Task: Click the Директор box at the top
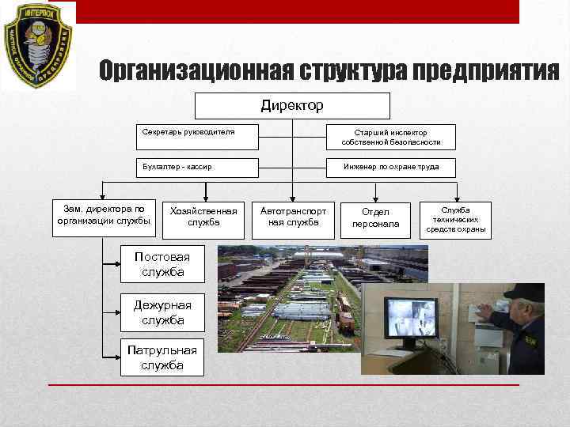(x=292, y=105)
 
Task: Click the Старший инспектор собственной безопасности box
(x=390, y=137)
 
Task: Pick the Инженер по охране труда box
(x=390, y=168)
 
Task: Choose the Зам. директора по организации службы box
(x=104, y=215)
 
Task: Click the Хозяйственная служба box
(x=203, y=217)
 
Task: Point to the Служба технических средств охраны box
(x=457, y=220)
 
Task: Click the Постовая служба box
(x=162, y=265)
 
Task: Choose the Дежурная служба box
(x=162, y=313)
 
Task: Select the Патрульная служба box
(x=162, y=357)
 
